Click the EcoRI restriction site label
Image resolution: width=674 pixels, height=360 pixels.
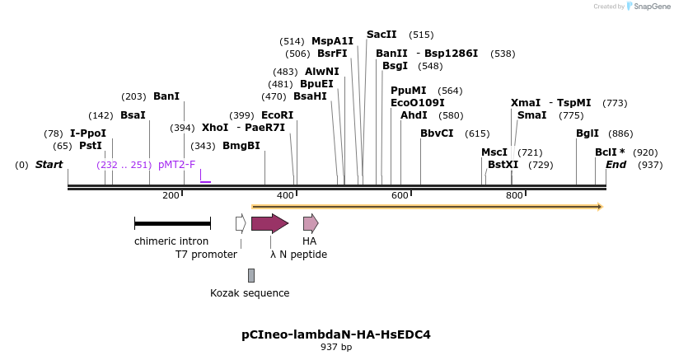(278, 115)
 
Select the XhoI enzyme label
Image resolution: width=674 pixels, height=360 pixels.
(215, 128)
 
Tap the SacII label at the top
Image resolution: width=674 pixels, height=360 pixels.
(381, 35)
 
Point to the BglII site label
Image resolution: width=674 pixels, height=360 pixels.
(587, 133)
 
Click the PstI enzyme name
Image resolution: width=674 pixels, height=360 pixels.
(91, 146)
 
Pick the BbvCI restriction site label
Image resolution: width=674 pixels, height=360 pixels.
(437, 133)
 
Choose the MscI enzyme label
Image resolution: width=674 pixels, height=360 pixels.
(494, 152)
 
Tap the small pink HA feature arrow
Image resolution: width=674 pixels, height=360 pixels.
(310, 223)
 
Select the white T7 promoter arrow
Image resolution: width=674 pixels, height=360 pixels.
(241, 223)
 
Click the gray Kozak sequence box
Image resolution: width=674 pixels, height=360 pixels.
(251, 275)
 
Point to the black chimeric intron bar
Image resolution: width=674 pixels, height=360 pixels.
(172, 223)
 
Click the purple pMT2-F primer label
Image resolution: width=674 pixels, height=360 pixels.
(177, 165)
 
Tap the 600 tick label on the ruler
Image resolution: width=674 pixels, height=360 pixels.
(400, 195)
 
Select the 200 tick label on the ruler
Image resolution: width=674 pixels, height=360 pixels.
(171, 195)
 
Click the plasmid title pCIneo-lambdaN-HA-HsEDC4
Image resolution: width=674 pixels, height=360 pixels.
(336, 334)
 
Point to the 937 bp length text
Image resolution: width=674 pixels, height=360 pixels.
(336, 347)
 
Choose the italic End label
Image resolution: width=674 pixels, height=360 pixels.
(616, 165)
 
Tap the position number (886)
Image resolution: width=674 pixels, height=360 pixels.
(621, 133)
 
